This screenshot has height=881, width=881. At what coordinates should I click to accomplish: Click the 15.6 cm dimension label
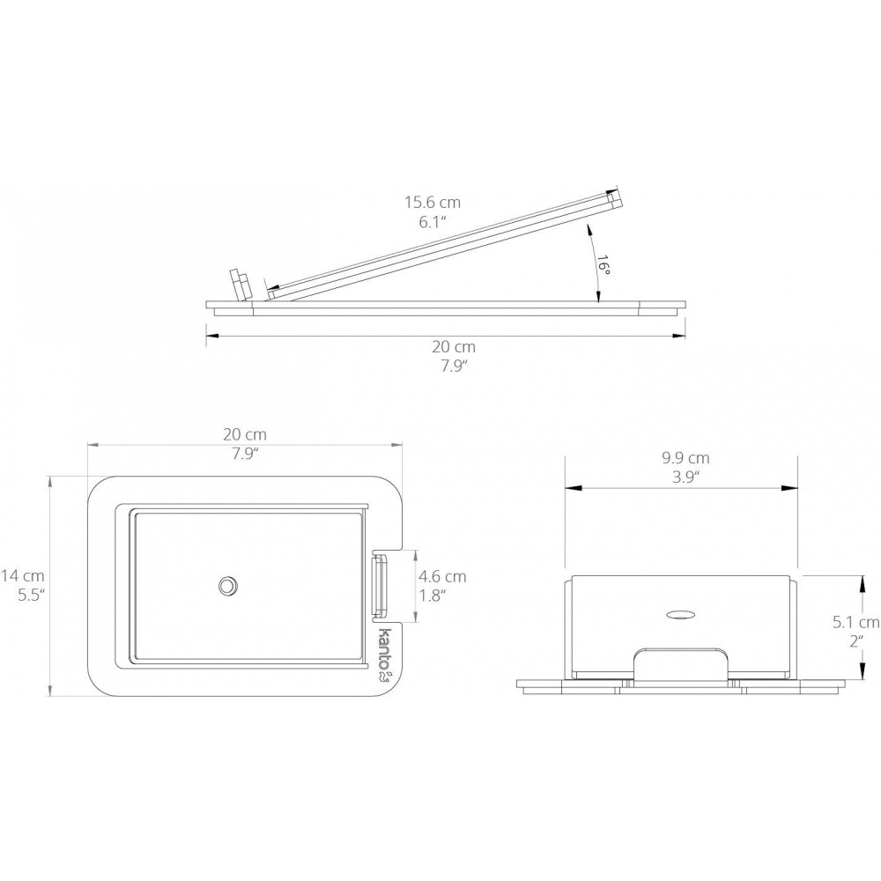tap(433, 202)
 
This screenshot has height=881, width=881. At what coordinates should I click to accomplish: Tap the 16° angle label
tap(603, 264)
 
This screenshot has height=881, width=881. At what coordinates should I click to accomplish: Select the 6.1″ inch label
tap(433, 223)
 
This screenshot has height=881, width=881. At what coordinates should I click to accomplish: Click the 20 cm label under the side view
tap(454, 346)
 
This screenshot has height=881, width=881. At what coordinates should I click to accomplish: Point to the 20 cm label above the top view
tap(244, 434)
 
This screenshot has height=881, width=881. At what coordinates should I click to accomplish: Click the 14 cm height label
tap(23, 575)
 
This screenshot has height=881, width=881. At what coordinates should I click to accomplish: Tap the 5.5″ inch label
tap(31, 596)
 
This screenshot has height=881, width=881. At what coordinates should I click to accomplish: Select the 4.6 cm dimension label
tap(442, 576)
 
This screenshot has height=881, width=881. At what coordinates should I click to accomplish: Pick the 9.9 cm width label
tap(685, 458)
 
